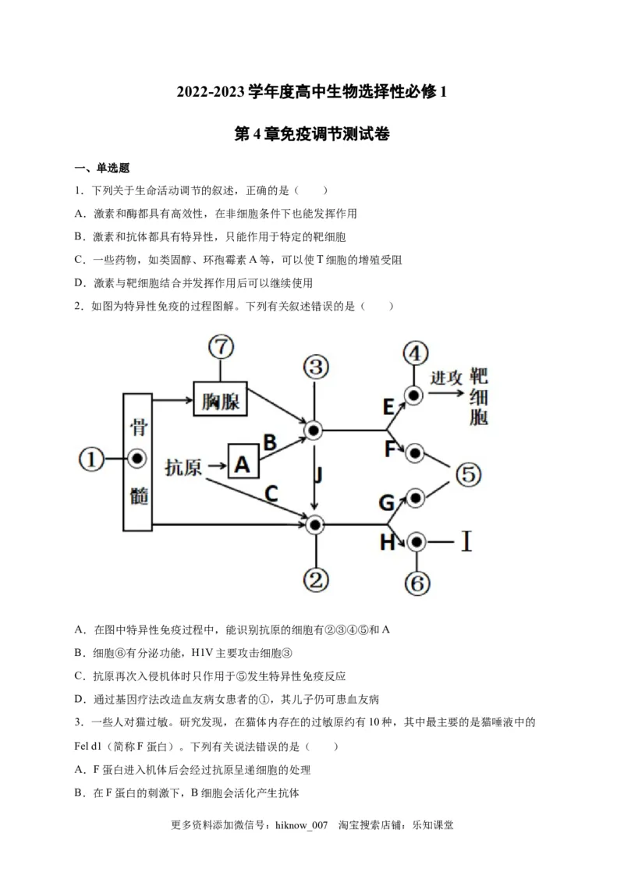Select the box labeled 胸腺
(x=219, y=402)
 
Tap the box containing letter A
(x=243, y=465)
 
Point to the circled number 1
(x=92, y=459)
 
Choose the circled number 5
(x=467, y=474)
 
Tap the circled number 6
(x=416, y=582)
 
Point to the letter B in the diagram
(x=270, y=443)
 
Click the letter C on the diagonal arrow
(x=271, y=493)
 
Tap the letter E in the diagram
(x=388, y=406)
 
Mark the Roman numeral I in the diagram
(x=466, y=541)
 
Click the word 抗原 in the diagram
(x=184, y=466)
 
